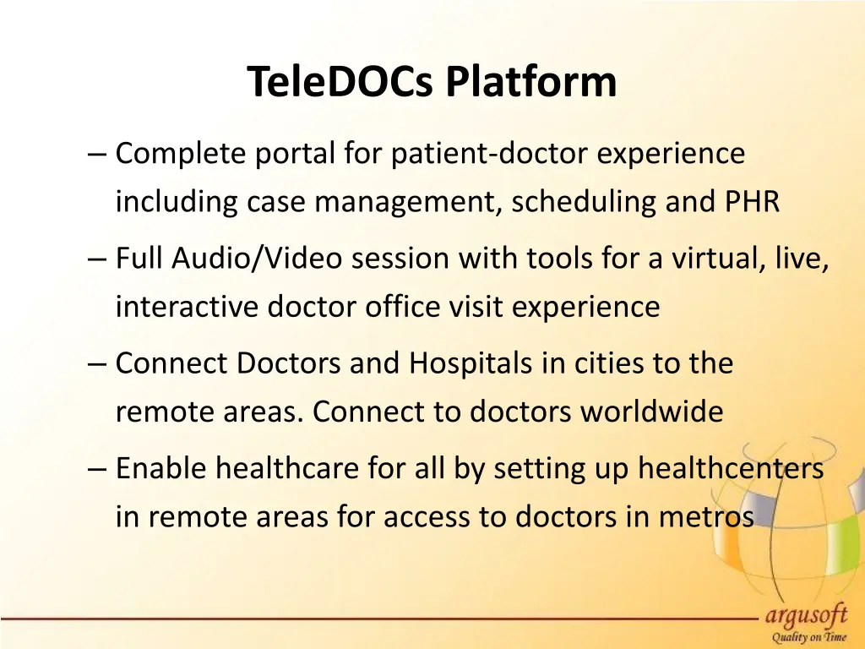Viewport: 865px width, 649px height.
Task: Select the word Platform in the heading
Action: coord(531,83)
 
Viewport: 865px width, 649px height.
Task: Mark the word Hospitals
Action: coord(475,363)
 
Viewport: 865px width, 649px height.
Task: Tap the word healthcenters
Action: coord(730,468)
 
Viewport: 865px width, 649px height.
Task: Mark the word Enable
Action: coord(160,468)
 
